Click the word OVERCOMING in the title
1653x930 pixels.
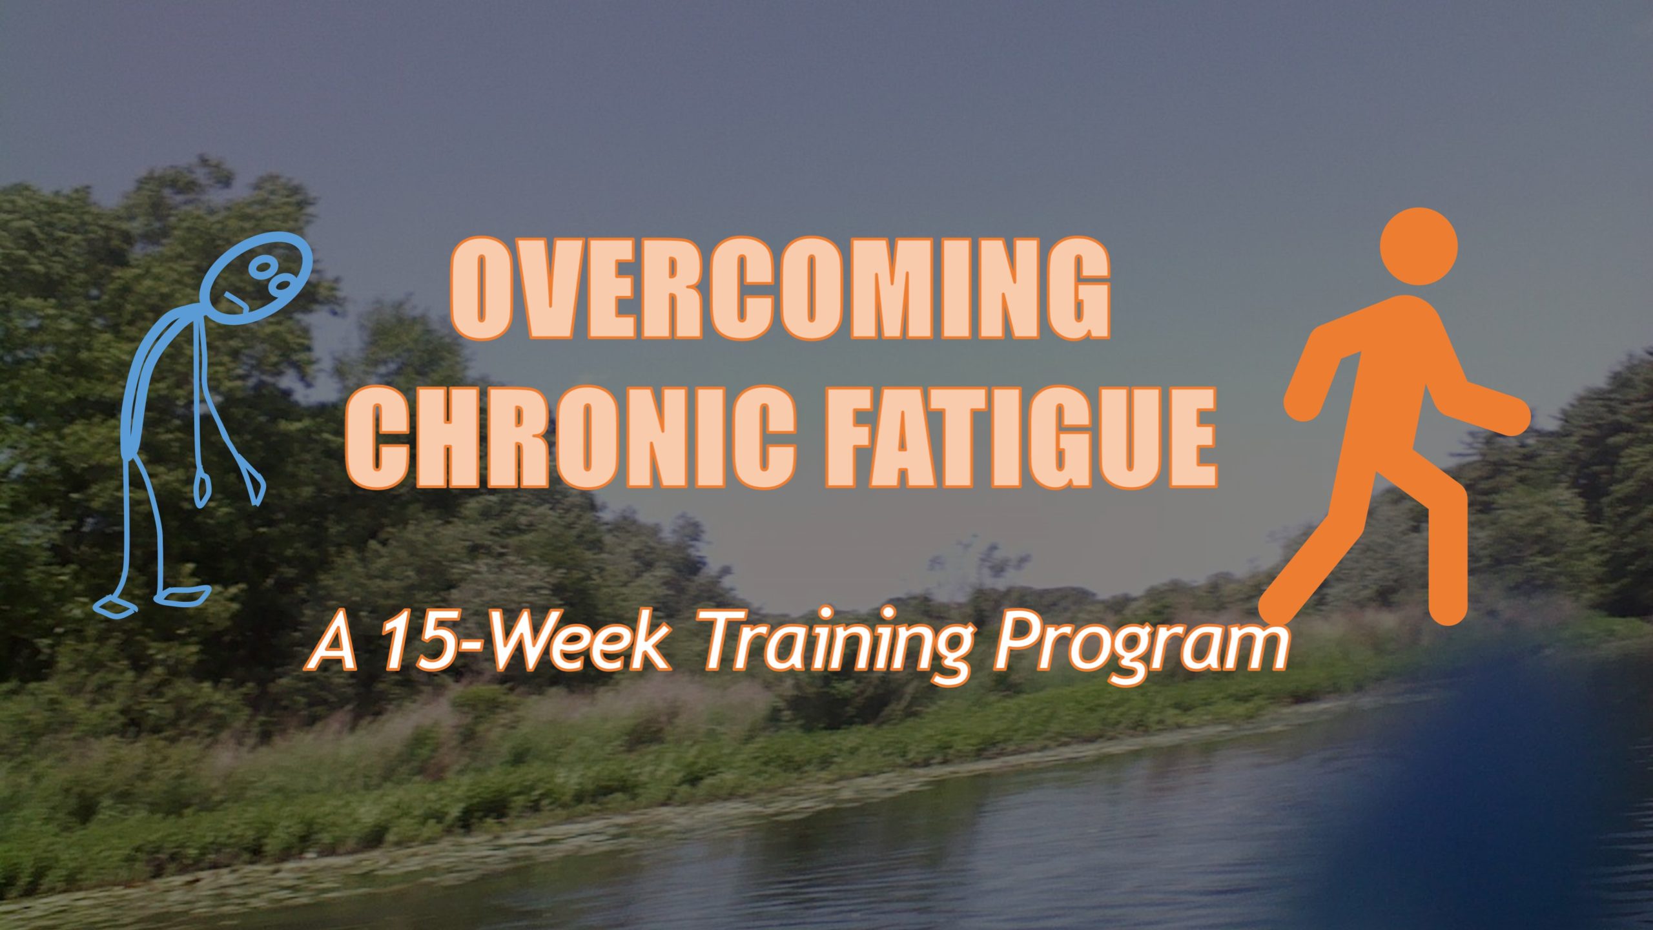pyautogui.click(x=780, y=289)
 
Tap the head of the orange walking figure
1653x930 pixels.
pyautogui.click(x=1419, y=246)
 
